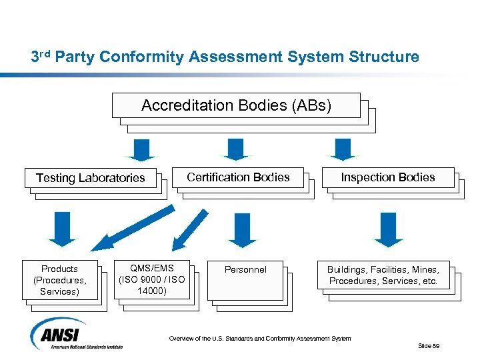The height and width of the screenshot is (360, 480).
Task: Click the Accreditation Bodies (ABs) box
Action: click(x=236, y=105)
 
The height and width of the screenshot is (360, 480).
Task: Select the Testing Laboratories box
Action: click(x=90, y=178)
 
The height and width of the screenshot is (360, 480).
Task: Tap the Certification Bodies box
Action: click(x=238, y=177)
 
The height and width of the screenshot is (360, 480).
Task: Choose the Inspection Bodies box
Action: click(x=387, y=177)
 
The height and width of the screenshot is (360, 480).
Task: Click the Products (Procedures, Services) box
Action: click(x=60, y=279)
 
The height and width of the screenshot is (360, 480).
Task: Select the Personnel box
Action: click(x=245, y=270)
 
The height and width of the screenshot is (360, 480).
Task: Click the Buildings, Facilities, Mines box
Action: click(x=383, y=275)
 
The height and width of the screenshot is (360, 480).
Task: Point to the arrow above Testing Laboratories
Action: click(x=141, y=149)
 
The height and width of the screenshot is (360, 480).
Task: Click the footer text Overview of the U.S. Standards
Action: click(x=259, y=339)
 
